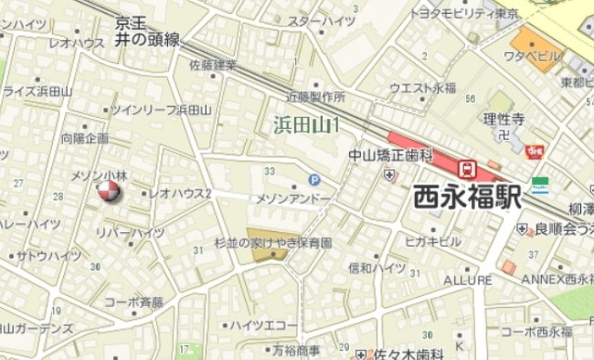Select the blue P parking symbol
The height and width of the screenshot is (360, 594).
coord(314,181)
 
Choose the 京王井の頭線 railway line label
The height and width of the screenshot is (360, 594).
coord(147,32)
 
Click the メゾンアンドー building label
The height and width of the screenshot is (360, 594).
coord(292,199)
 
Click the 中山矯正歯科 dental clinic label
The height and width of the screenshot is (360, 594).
coord(391,155)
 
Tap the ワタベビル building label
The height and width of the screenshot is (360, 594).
coord(532,56)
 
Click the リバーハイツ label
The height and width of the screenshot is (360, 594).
coord(129,232)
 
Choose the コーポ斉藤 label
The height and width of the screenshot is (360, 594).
coord(134,302)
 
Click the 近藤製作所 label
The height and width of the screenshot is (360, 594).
coord(315,96)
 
